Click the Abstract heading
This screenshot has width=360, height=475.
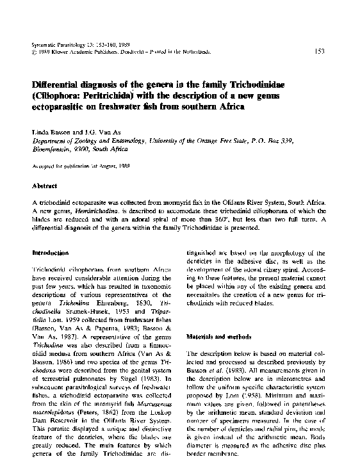point(45,186)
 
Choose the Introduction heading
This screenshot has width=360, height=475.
point(51,254)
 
